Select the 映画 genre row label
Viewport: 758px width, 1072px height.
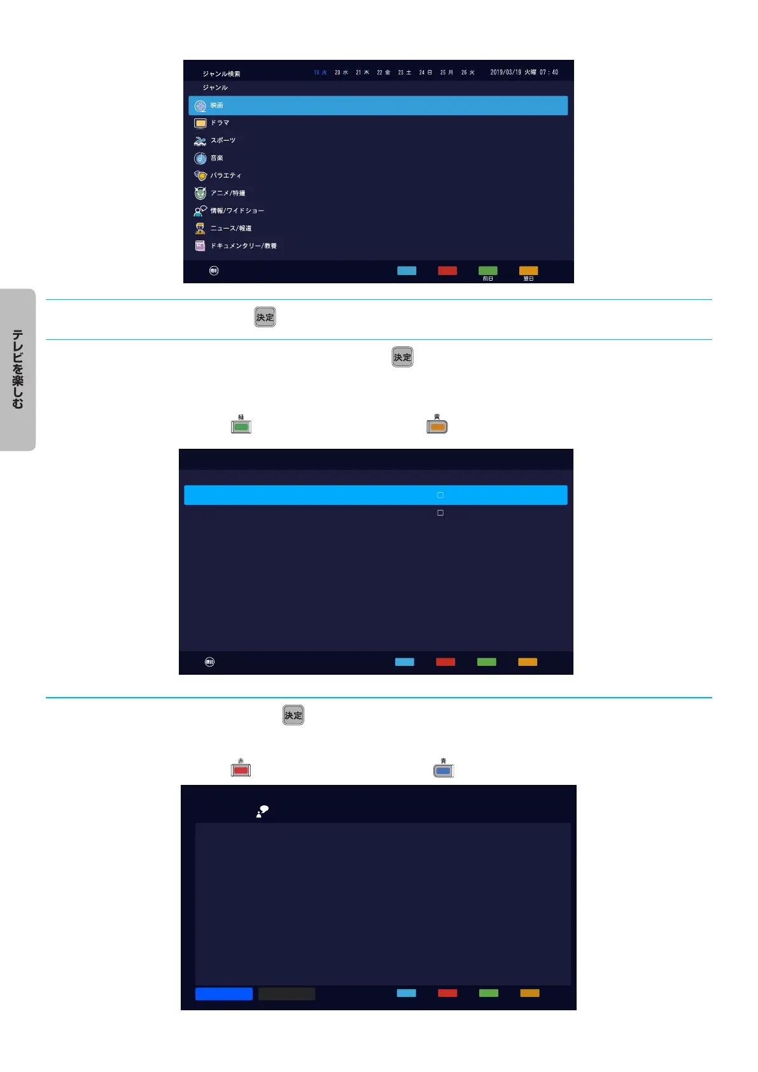(x=217, y=106)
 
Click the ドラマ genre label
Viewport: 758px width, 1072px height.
(x=220, y=123)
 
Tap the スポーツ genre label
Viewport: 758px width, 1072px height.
(x=223, y=141)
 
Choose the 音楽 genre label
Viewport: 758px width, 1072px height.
(x=217, y=158)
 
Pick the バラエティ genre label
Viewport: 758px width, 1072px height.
(x=226, y=176)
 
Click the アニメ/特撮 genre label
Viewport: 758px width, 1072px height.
(x=228, y=193)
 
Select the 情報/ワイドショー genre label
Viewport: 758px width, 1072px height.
(x=237, y=211)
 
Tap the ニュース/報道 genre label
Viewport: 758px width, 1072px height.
(x=231, y=228)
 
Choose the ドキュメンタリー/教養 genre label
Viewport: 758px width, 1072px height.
(x=243, y=246)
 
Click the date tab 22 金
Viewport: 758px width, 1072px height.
(x=383, y=73)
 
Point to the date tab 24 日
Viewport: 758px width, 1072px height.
(x=425, y=73)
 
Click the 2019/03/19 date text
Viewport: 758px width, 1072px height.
(x=505, y=73)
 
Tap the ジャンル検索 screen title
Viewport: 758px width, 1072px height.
(x=221, y=74)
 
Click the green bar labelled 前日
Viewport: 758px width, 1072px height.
(x=488, y=271)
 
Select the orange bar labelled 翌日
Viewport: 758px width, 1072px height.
(x=528, y=271)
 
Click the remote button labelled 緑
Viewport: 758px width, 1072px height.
(x=241, y=427)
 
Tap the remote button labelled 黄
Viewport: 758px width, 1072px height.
(x=437, y=427)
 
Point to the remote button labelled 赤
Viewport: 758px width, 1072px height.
(x=241, y=770)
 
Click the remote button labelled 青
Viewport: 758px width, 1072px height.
(x=444, y=770)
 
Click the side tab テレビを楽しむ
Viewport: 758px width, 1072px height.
(x=18, y=369)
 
